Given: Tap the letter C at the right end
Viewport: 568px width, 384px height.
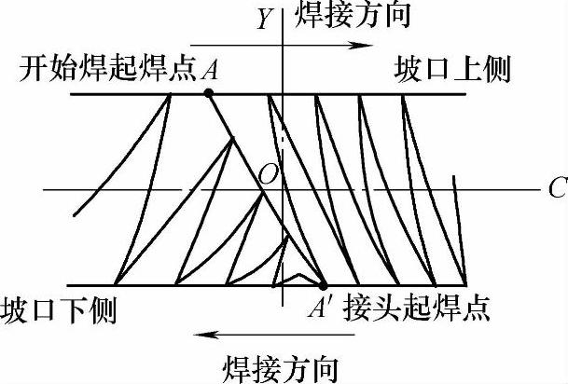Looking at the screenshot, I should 558,188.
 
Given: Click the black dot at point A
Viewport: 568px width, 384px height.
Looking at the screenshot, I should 209,93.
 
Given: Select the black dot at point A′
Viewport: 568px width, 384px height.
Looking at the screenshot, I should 323,285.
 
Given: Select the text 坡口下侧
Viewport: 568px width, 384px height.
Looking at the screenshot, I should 60,309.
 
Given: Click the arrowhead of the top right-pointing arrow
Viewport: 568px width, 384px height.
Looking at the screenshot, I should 357,45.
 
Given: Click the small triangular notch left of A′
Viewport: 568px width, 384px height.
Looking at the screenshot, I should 296,279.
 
